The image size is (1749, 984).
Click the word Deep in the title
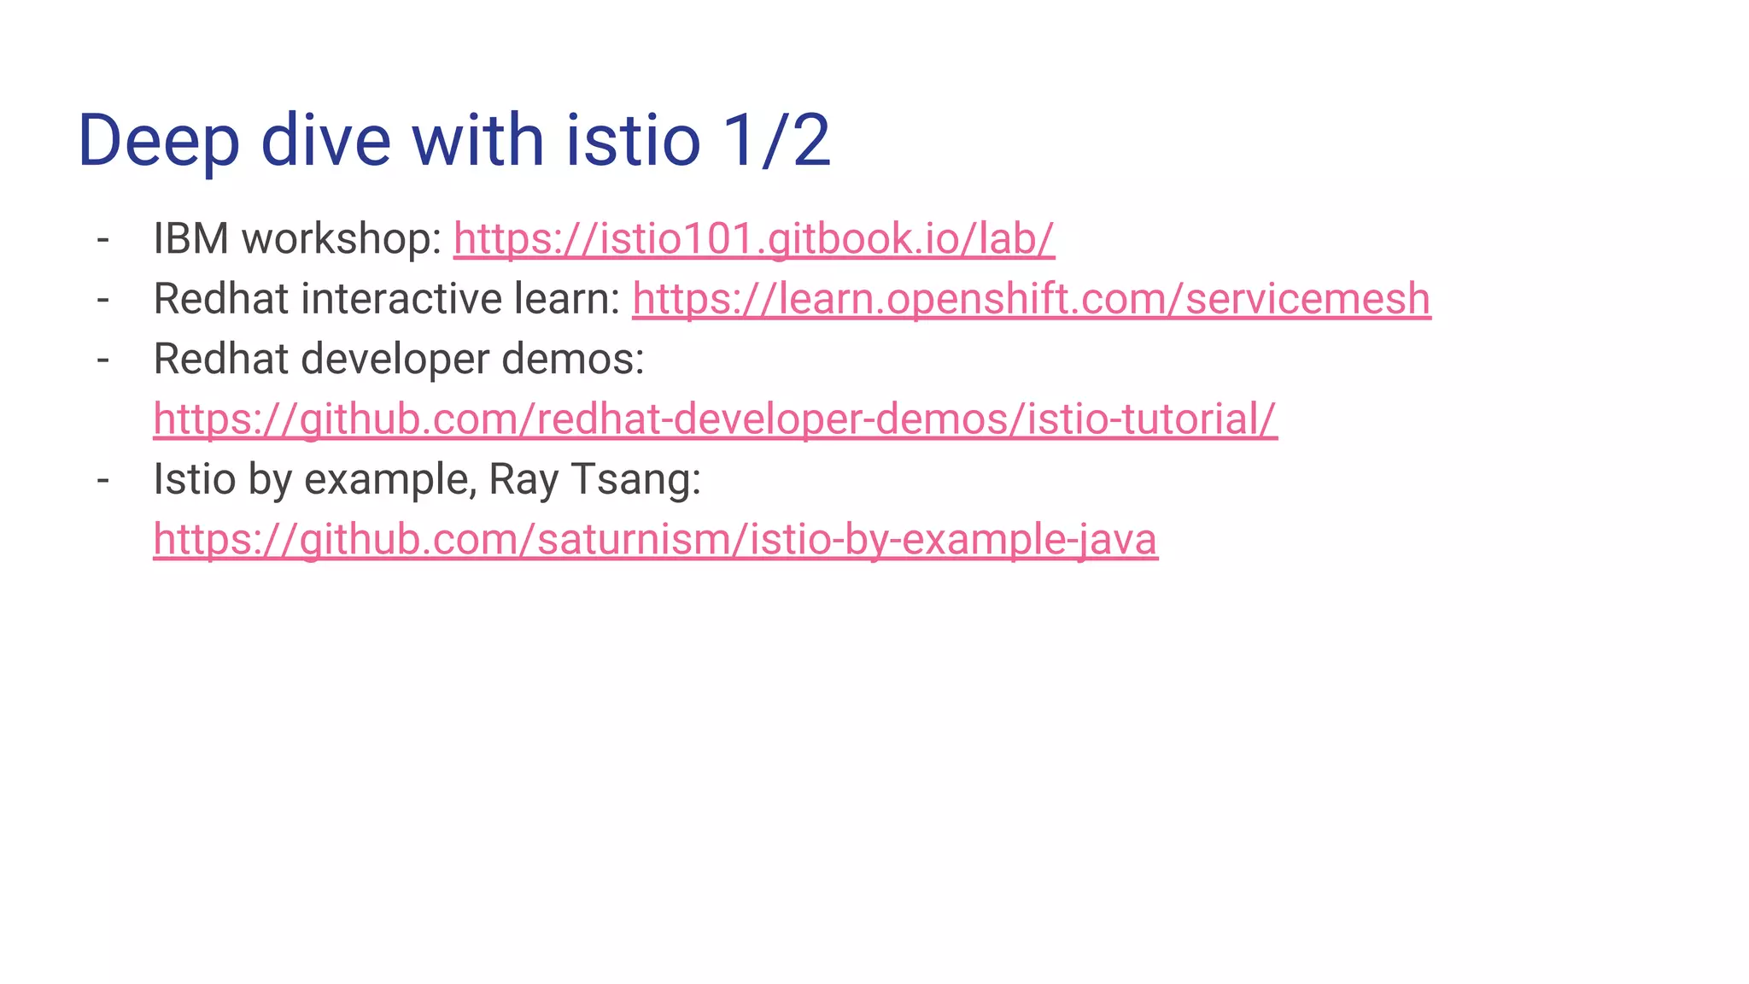point(158,141)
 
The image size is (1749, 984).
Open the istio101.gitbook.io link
point(753,238)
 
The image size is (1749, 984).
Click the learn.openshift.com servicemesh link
point(1031,299)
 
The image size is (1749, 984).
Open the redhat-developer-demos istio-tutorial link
point(715,419)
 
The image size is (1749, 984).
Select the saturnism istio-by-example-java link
point(655,540)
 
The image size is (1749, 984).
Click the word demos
point(572,360)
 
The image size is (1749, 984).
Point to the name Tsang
point(635,480)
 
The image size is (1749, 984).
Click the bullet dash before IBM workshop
point(103,239)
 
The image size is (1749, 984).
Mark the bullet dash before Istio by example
point(103,480)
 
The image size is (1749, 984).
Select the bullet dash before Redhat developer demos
point(103,360)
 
